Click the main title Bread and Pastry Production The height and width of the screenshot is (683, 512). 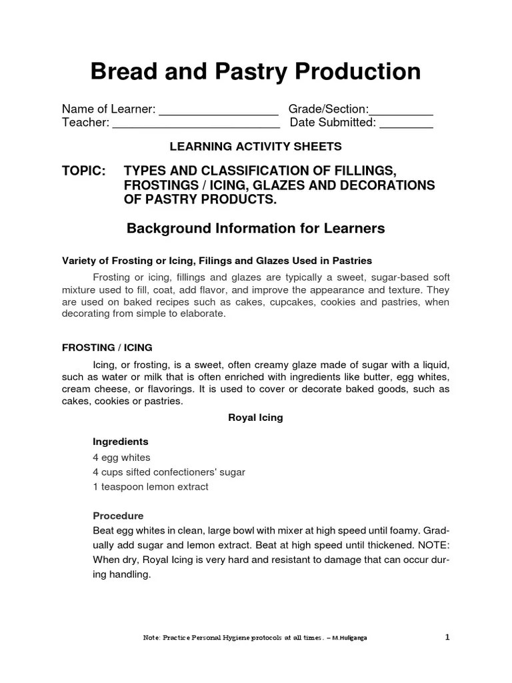255,72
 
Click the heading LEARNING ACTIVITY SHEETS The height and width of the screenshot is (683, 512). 255,146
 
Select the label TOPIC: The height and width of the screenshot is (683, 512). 84,171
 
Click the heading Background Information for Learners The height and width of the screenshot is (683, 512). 255,229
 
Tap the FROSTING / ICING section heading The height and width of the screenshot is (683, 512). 107,348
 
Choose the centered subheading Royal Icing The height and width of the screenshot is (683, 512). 255,418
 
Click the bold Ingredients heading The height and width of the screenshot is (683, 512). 120,442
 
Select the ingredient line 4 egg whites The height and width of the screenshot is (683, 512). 121,458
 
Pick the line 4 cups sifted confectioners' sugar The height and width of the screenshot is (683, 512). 169,472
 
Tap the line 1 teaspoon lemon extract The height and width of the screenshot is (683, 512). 150,487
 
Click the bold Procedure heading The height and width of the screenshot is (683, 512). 118,516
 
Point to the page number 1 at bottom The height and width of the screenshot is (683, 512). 447,637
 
